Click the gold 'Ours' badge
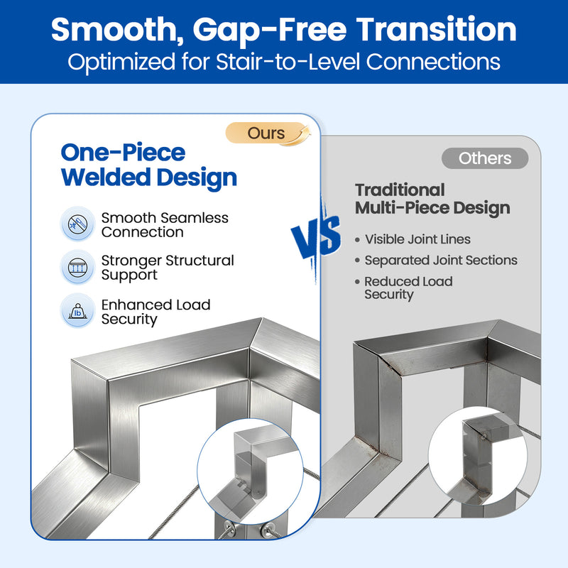pyautogui.click(x=268, y=133)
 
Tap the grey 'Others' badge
pyautogui.click(x=485, y=158)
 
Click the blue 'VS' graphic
pyautogui.click(x=317, y=237)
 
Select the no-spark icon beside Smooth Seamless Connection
pyautogui.click(x=77, y=224)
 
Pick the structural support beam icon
pyautogui.click(x=77, y=268)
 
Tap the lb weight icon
pyautogui.click(x=77, y=311)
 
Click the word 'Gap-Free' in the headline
pyautogui.click(x=270, y=31)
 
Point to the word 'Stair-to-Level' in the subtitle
pyautogui.click(x=288, y=62)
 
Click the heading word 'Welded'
pyautogui.click(x=106, y=177)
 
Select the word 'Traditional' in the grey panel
pyautogui.click(x=400, y=190)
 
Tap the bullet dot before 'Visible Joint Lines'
pyautogui.click(x=358, y=240)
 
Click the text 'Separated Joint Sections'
pyautogui.click(x=441, y=260)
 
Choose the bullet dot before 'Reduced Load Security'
pyautogui.click(x=358, y=282)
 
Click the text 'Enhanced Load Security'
pyautogui.click(x=155, y=312)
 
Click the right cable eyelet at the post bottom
pyautogui.click(x=268, y=529)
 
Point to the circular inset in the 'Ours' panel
pyautogui.click(x=250, y=471)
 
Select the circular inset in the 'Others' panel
pyautogui.click(x=478, y=456)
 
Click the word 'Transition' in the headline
pyautogui.click(x=437, y=30)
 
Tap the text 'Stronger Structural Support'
pyautogui.click(x=168, y=268)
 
